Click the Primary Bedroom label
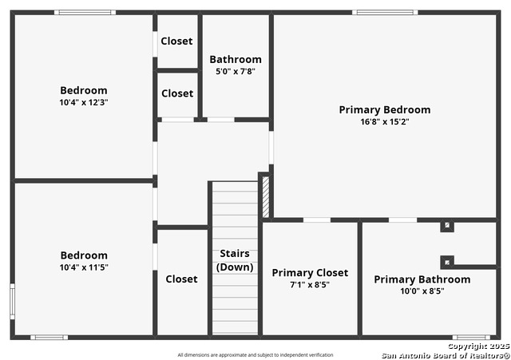385,110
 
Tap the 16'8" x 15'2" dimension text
385,122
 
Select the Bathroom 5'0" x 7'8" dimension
236,71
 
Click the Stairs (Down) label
235,260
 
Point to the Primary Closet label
310,273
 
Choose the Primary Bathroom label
422,279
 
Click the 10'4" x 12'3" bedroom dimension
84,103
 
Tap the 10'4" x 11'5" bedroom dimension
84,267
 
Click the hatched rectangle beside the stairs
266,197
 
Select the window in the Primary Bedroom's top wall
385,13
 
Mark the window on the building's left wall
13,302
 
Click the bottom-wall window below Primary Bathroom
471,337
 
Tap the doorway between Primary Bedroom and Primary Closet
317,220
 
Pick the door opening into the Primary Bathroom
402,220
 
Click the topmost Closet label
176,41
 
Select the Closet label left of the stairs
181,279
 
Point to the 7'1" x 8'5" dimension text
310,285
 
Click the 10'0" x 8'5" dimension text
422,291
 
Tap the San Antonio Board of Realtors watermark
446,355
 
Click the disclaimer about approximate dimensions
255,354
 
